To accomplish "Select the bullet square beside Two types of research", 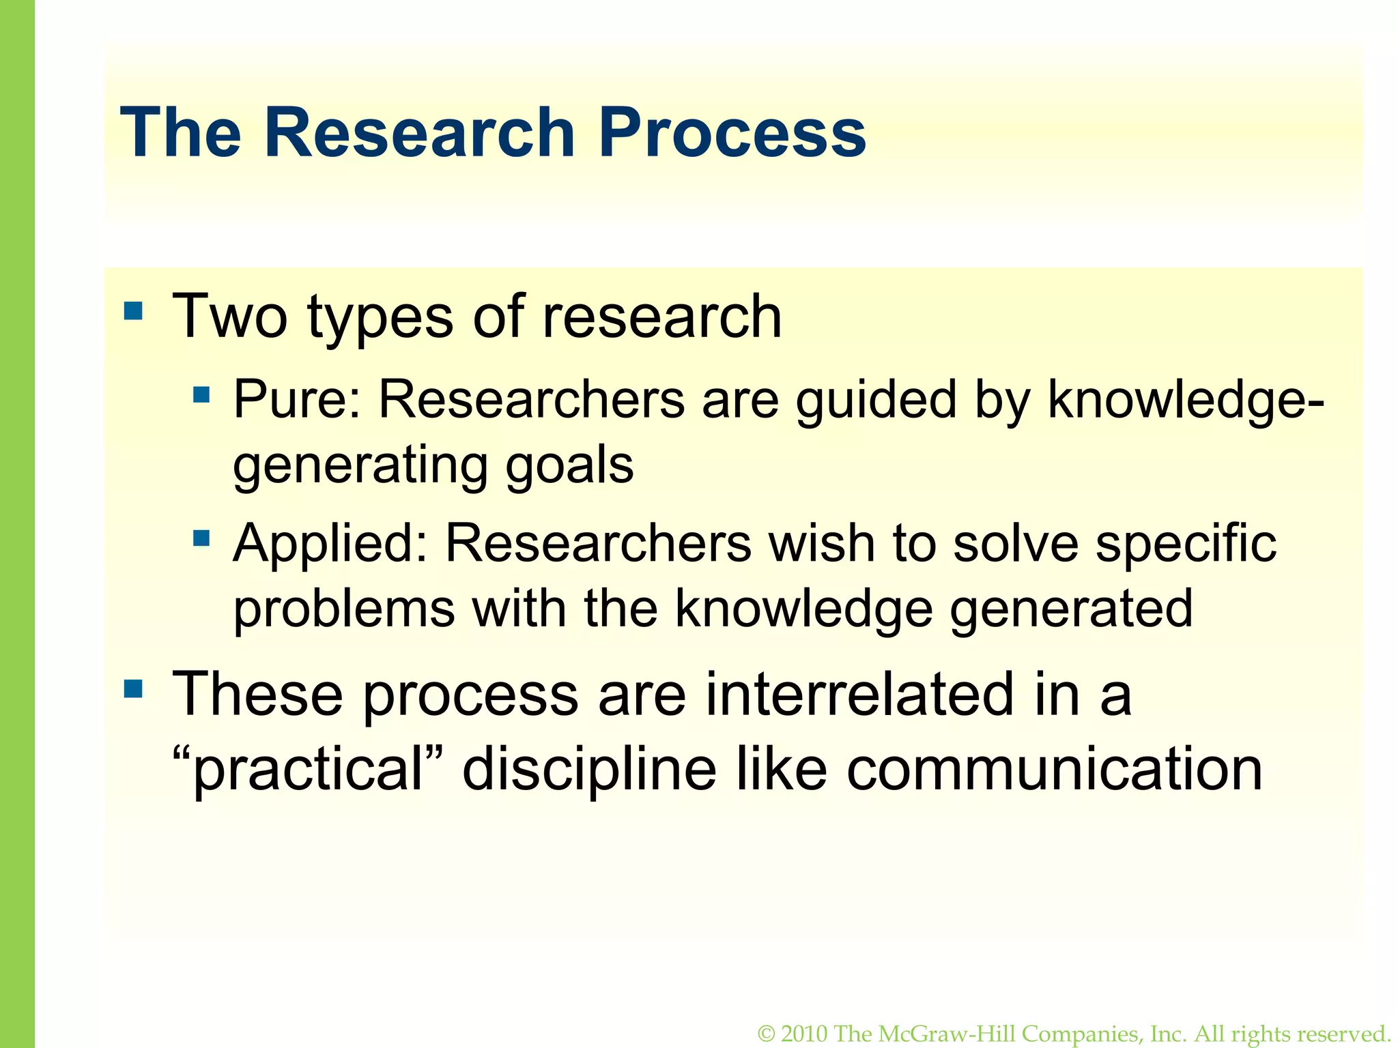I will click(134, 311).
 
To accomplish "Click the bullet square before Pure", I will click(201, 394).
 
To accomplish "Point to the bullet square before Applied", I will click(201, 538).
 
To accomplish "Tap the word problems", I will click(344, 609).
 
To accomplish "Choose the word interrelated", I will click(859, 694).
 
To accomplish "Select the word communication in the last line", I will click(1054, 770).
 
